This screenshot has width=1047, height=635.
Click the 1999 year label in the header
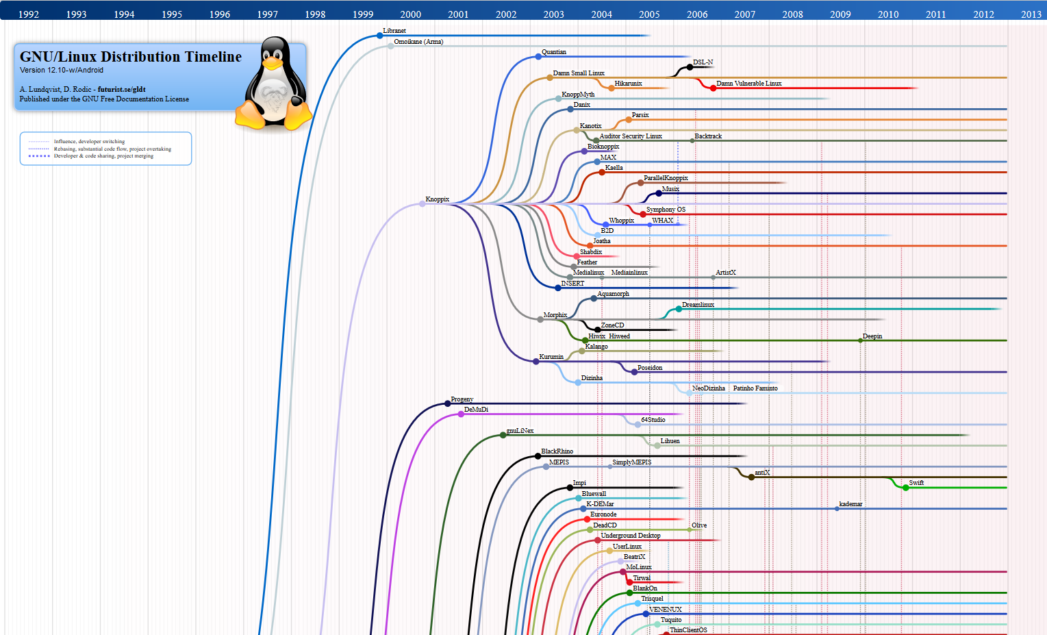pyautogui.click(x=363, y=14)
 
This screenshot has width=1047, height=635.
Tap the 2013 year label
pyautogui.click(x=1031, y=14)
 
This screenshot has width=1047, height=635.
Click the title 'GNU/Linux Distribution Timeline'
pyautogui.click(x=131, y=57)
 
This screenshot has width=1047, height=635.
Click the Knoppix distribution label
pyautogui.click(x=437, y=199)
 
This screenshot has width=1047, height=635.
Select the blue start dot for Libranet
pyautogui.click(x=379, y=36)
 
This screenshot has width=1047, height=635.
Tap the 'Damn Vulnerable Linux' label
pyautogui.click(x=748, y=84)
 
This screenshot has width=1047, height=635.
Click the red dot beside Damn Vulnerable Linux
pyautogui.click(x=713, y=88)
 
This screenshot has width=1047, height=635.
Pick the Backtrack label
pyautogui.click(x=708, y=136)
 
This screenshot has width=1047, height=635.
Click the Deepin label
pyautogui.click(x=872, y=336)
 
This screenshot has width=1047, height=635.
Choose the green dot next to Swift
pyautogui.click(x=905, y=488)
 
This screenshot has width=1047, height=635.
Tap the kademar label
pyautogui.click(x=850, y=504)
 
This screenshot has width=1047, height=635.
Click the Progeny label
pyautogui.click(x=462, y=399)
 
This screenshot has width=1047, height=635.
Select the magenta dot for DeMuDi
pyautogui.click(x=461, y=414)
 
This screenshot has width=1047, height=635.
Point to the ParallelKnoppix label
pyautogui.click(x=666, y=178)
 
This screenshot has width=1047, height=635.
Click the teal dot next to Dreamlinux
pyautogui.click(x=679, y=309)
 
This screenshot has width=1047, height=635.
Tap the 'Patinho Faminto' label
pyautogui.click(x=755, y=388)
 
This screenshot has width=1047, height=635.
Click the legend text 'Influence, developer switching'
pyautogui.click(x=89, y=142)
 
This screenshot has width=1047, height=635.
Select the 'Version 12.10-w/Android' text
pyautogui.click(x=62, y=70)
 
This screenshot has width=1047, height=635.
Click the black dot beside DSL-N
pyautogui.click(x=690, y=67)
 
